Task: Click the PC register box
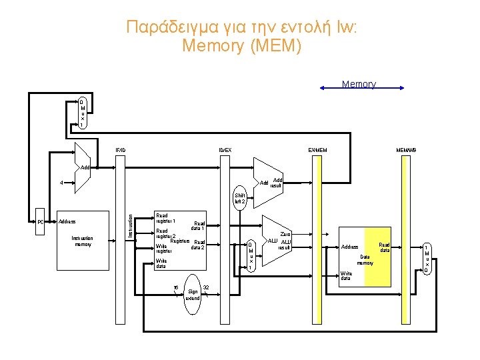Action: (x=40, y=222)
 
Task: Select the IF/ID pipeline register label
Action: (x=120, y=149)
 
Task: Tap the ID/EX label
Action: (x=225, y=149)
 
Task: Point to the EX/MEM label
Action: (x=317, y=149)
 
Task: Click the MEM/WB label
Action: (x=406, y=149)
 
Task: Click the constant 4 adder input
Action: (x=61, y=182)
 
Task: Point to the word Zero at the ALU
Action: (x=285, y=234)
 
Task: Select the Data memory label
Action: (x=365, y=259)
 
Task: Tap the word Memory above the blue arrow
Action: (x=359, y=84)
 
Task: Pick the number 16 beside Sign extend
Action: (x=175, y=287)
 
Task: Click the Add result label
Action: (x=277, y=183)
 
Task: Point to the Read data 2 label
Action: (x=198, y=245)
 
